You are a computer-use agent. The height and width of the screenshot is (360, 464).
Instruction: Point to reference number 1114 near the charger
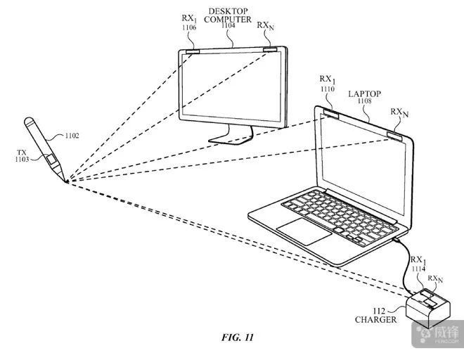[x=420, y=268]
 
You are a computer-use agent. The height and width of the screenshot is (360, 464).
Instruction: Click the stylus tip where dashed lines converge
[x=67, y=181]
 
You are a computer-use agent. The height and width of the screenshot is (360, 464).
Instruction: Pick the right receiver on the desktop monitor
[x=270, y=50]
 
